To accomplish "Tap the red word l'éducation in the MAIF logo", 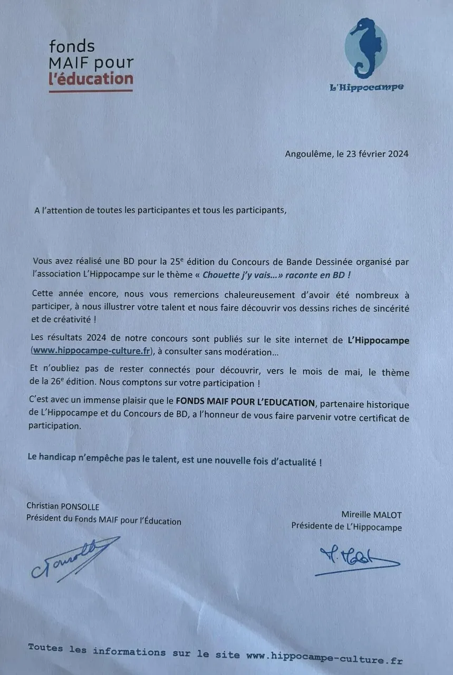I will coord(91,79).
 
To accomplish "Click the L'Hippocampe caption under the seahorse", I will coord(367,87).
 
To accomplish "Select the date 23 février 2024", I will coord(376,154).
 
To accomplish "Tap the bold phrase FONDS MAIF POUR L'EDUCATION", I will coord(245,402).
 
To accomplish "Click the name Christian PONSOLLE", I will coord(63,507).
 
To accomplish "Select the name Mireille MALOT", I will coord(371,515).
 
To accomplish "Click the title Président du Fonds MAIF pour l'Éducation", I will coord(104,520).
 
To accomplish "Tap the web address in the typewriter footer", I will coord(324,656).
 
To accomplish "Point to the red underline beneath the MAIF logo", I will coord(91,91).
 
